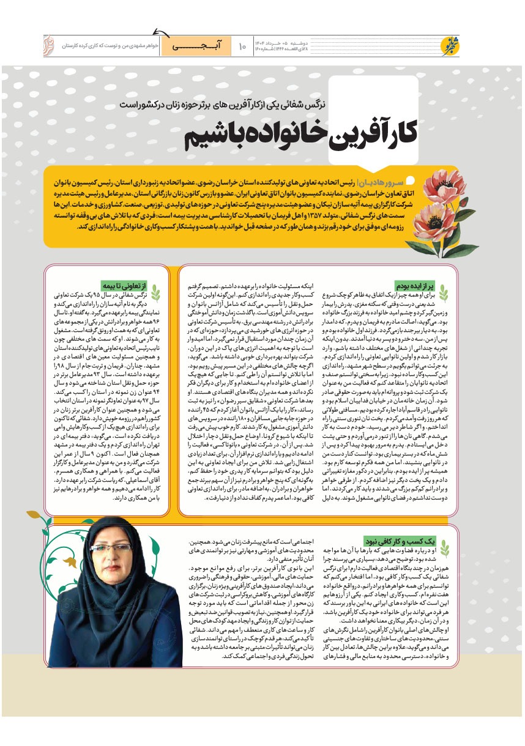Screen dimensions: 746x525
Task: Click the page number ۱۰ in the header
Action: click(x=242, y=45)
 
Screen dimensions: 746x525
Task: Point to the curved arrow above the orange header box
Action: click(x=160, y=32)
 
